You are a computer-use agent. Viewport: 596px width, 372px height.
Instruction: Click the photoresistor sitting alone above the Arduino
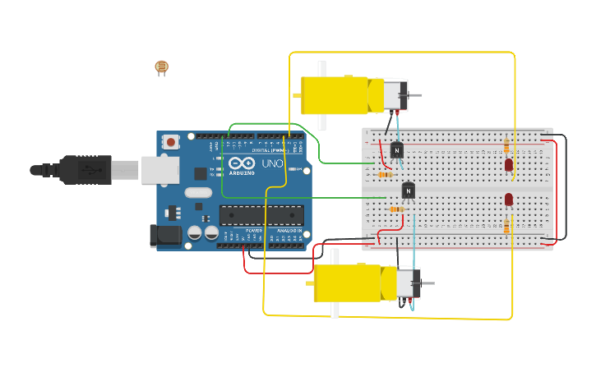(x=161, y=67)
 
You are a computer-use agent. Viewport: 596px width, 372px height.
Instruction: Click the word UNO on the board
(x=272, y=163)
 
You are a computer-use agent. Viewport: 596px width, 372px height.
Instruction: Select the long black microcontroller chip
(x=261, y=215)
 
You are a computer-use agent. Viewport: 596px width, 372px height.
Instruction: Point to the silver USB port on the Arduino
(x=159, y=170)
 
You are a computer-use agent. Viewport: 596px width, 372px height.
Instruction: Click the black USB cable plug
(x=83, y=170)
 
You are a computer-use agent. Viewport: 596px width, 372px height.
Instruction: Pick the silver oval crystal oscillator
(x=198, y=193)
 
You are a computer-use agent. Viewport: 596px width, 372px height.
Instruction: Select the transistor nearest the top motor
(x=397, y=149)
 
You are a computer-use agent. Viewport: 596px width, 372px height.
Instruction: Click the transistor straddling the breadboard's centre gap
(x=409, y=191)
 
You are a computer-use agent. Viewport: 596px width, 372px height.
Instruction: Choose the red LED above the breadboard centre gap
(x=509, y=165)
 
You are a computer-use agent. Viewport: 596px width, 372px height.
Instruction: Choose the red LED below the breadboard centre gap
(x=509, y=199)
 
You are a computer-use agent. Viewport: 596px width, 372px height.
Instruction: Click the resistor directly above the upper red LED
(x=506, y=147)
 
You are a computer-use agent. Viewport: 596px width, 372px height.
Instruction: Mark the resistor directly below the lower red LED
(x=507, y=223)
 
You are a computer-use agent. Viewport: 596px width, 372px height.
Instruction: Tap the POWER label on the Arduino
(x=252, y=231)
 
